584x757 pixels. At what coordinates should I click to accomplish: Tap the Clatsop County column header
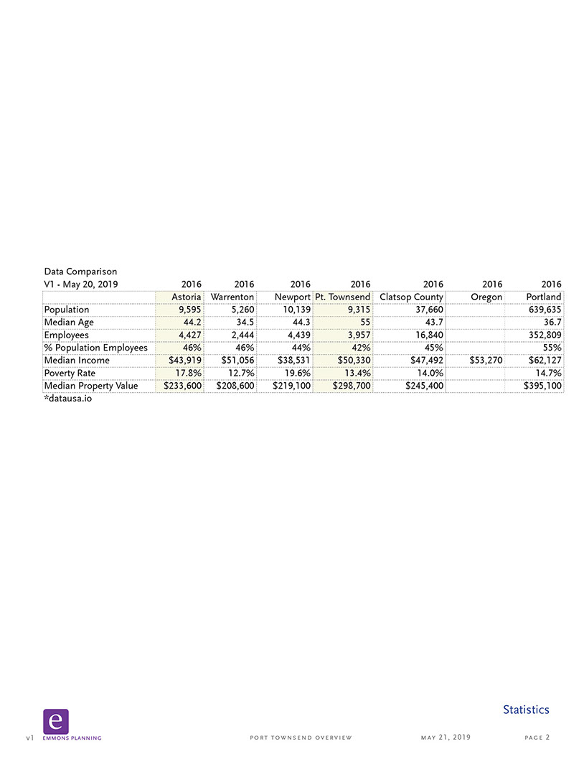411,297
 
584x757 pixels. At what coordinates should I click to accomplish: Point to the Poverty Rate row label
70,373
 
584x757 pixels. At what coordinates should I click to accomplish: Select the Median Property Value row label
90,386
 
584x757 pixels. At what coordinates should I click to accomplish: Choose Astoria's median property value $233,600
180,386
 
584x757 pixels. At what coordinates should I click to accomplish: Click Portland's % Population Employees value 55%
550,348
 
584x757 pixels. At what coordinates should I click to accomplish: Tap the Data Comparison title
80,271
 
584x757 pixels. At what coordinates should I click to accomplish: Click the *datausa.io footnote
68,398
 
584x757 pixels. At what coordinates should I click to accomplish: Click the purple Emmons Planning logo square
55,721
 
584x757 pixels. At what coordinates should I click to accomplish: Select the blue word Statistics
526,710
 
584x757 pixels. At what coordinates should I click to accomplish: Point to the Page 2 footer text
537,738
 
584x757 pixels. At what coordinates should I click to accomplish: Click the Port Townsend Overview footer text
301,738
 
